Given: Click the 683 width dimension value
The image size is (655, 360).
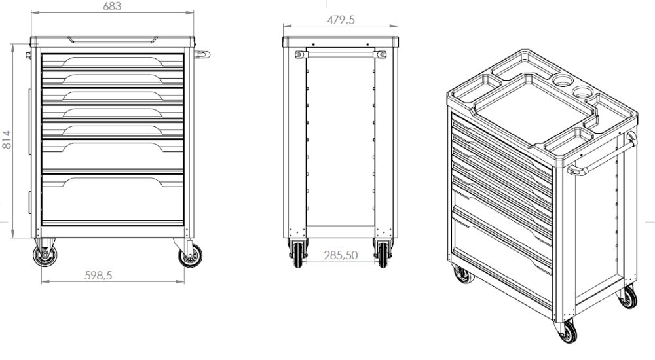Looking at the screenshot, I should point(113,6).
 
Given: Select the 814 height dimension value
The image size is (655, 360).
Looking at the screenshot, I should point(7,139).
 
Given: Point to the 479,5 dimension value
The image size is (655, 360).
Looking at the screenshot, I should point(341,20).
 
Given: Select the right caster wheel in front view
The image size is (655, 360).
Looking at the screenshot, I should point(191,256).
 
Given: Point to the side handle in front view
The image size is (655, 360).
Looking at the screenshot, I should point(204,54).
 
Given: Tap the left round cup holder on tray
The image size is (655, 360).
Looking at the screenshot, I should point(561,81).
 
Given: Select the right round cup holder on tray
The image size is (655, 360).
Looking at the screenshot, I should point(582,92).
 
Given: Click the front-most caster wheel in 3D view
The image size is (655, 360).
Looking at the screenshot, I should point(567,331).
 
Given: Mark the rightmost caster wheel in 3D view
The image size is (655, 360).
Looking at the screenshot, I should point(628,298).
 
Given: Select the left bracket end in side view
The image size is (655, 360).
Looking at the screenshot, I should point(300,54).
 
